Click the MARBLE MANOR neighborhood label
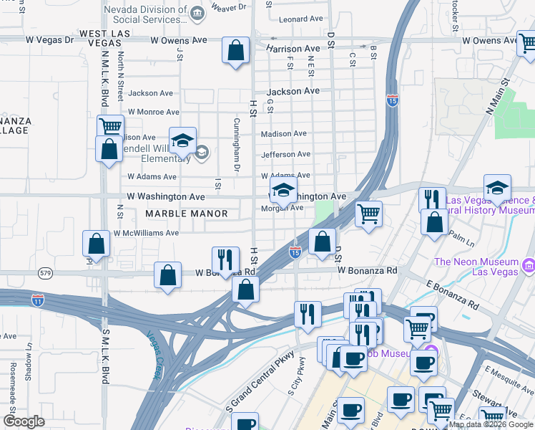coord(186,214)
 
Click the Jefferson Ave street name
coord(285,154)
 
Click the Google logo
coord(24,421)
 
